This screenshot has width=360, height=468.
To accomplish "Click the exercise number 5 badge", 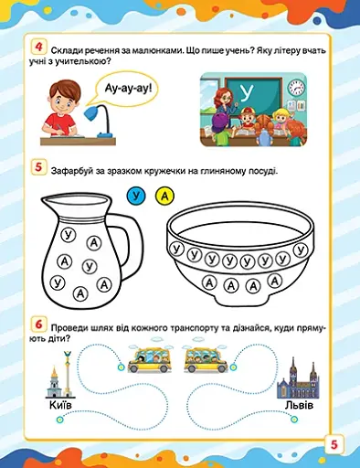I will pyautogui.click(x=38, y=168).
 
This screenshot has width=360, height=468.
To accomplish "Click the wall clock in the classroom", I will pyautogui.click(x=296, y=88).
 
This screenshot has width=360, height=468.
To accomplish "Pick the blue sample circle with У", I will pyautogui.click(x=137, y=195).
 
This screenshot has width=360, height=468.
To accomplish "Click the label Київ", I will pyautogui.click(x=57, y=404).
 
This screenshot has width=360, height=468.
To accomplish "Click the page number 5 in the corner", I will pyautogui.click(x=334, y=445).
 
